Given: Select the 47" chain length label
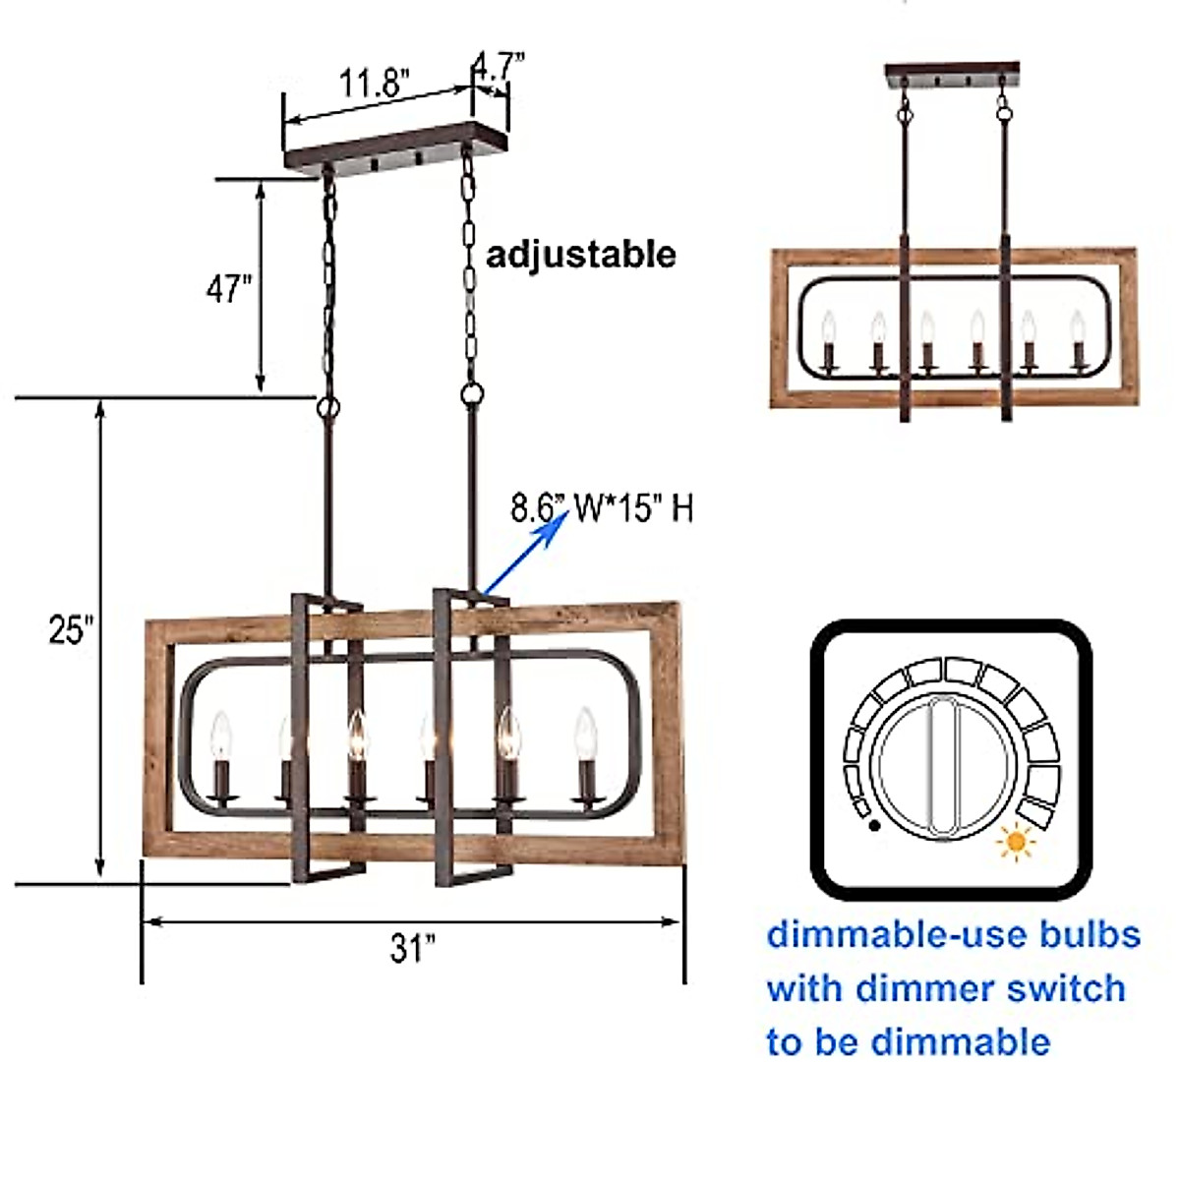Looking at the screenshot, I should click(228, 289).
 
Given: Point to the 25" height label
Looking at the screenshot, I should click(72, 629).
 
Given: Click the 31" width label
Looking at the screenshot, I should click(412, 949).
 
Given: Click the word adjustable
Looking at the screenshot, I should click(581, 255).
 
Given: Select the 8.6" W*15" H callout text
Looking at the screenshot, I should click(602, 509).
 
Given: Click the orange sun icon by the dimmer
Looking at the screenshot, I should click(1016, 843).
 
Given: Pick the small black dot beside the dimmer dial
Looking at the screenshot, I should click(874, 826).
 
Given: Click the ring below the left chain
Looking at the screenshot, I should click(327, 405).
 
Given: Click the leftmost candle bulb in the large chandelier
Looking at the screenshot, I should click(221, 733).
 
